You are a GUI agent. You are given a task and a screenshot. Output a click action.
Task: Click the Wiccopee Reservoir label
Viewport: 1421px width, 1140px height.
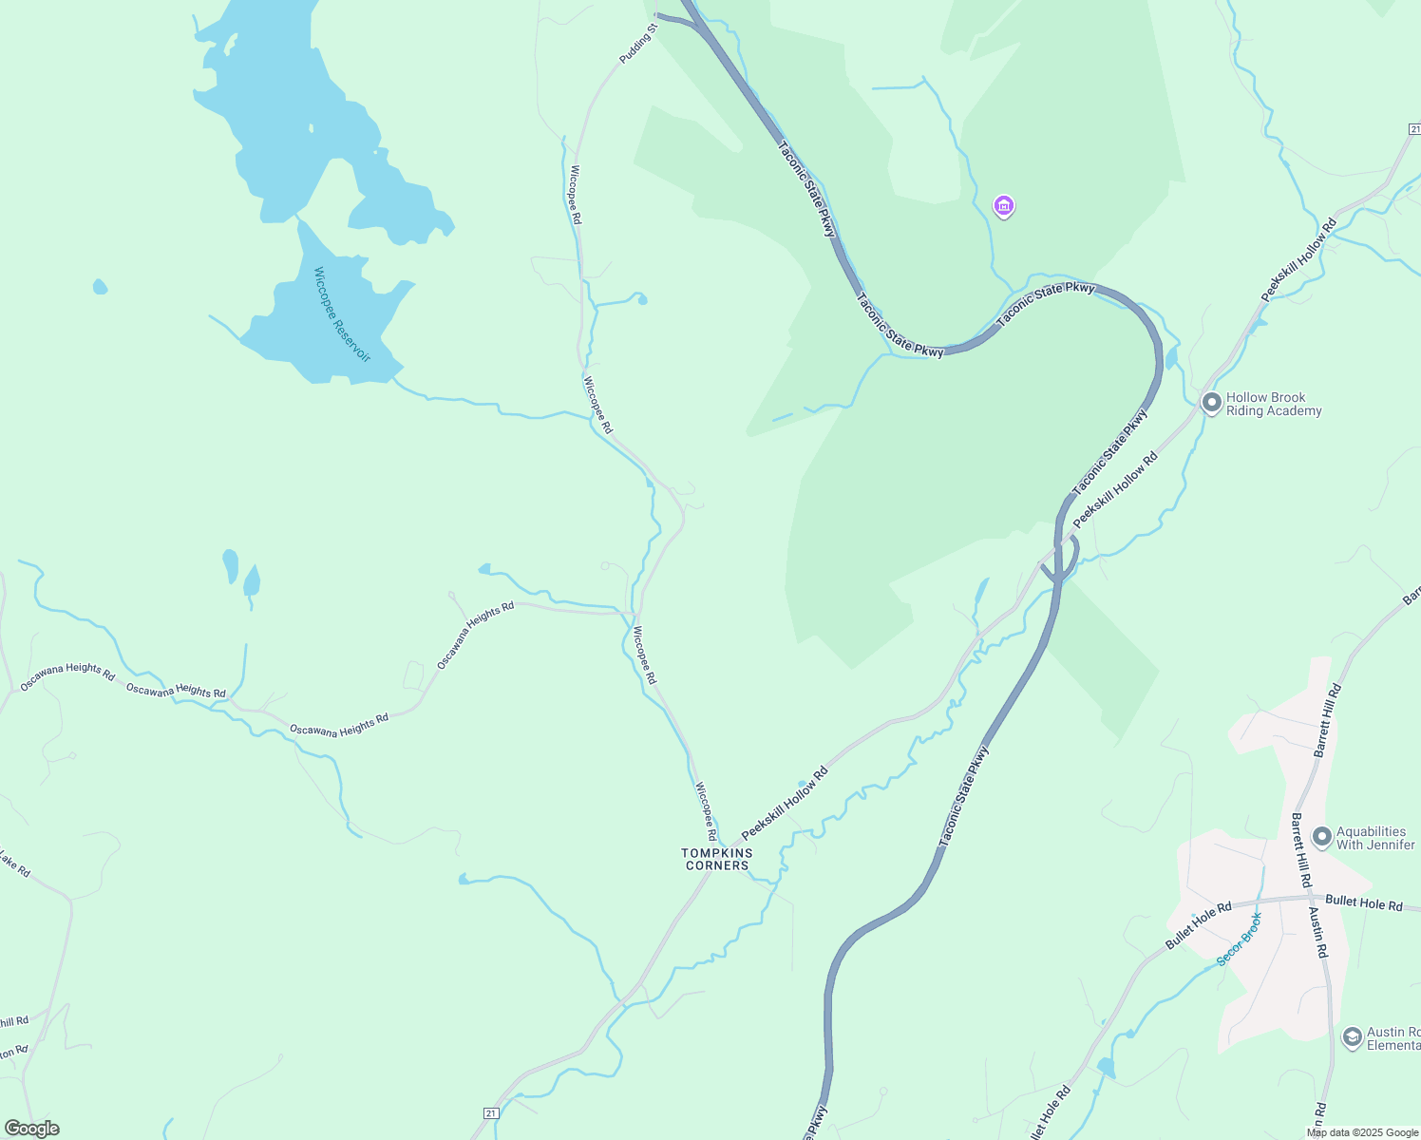[x=342, y=314]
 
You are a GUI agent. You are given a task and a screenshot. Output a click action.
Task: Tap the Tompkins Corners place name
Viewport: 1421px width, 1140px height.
[x=717, y=859]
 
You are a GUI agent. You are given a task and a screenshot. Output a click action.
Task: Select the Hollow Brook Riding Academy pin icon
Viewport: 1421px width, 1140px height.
[x=1211, y=403]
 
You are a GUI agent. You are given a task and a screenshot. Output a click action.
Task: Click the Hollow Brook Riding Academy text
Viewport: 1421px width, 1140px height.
[x=1273, y=405]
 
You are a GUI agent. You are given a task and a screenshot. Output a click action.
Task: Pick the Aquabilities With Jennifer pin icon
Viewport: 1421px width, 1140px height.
[x=1321, y=837]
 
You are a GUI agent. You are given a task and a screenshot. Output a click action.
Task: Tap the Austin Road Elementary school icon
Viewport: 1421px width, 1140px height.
[x=1352, y=1037]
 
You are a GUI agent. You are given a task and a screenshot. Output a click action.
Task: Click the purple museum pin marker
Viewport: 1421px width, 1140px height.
[x=1003, y=205]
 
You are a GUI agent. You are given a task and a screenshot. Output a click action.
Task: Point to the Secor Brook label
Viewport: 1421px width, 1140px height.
[x=1240, y=940]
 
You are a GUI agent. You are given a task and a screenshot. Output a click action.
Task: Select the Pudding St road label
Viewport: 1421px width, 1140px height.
[x=638, y=45]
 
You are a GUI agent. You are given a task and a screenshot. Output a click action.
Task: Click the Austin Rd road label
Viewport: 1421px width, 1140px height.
[x=1318, y=932]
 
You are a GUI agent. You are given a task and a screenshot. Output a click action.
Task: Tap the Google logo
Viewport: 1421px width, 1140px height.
[x=31, y=1129]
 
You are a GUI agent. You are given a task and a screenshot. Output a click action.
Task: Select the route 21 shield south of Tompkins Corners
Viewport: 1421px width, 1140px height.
[x=490, y=1112]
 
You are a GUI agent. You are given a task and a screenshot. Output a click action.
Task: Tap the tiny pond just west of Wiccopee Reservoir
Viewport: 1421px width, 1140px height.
[x=100, y=286]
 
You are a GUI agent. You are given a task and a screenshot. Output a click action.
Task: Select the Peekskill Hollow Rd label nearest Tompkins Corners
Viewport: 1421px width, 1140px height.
[x=785, y=803]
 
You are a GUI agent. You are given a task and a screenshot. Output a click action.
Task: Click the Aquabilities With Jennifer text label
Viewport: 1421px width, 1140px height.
[x=1375, y=838]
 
